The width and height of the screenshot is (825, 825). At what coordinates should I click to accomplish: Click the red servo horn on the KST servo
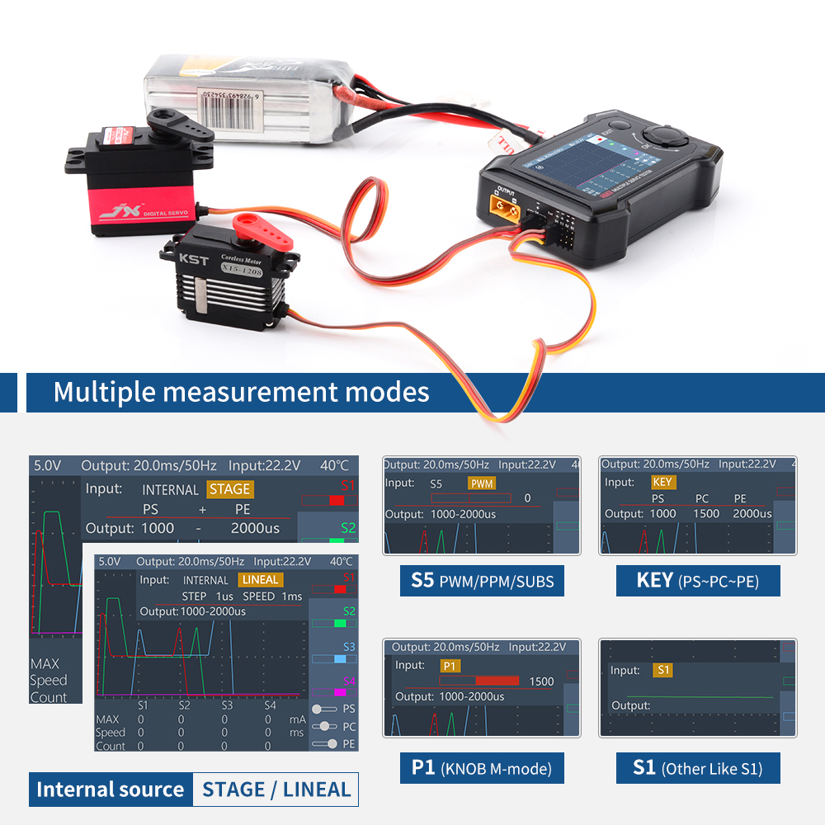pos(265,233)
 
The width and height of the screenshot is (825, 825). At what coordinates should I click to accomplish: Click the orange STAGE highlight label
pos(229,489)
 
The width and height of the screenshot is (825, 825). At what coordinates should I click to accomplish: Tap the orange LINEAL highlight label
pos(261,580)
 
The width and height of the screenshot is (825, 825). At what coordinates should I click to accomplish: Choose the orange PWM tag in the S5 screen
pos(481,483)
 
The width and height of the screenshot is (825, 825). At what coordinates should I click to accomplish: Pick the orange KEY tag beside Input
pos(662,482)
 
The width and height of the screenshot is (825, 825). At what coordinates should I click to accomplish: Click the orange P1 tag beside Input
pos(450,665)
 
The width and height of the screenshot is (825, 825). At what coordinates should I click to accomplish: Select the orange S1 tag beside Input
pos(662,670)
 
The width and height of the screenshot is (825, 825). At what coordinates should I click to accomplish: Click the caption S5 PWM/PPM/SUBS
pos(482,582)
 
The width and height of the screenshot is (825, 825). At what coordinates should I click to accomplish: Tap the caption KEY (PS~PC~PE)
pos(697,581)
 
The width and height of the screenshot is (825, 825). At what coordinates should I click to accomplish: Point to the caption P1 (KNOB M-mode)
pos(482,768)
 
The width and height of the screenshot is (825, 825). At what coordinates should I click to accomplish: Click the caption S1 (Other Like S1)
pos(697,768)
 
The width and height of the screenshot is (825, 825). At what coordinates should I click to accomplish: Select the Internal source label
pos(110,790)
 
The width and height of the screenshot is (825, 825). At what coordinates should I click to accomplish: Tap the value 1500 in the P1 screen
pos(541,681)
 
